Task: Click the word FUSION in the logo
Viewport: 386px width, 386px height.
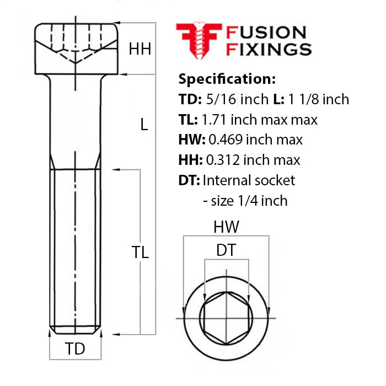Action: [266, 32]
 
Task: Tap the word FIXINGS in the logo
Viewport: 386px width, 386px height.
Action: [269, 49]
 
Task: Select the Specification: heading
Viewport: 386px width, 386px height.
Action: [227, 79]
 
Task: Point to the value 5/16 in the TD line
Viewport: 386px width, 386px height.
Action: [221, 99]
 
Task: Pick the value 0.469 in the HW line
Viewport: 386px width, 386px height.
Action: [226, 140]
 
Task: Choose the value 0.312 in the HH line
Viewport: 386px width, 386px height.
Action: [223, 160]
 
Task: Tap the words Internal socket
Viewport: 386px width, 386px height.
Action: [249, 180]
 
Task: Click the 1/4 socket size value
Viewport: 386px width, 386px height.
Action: [248, 201]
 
